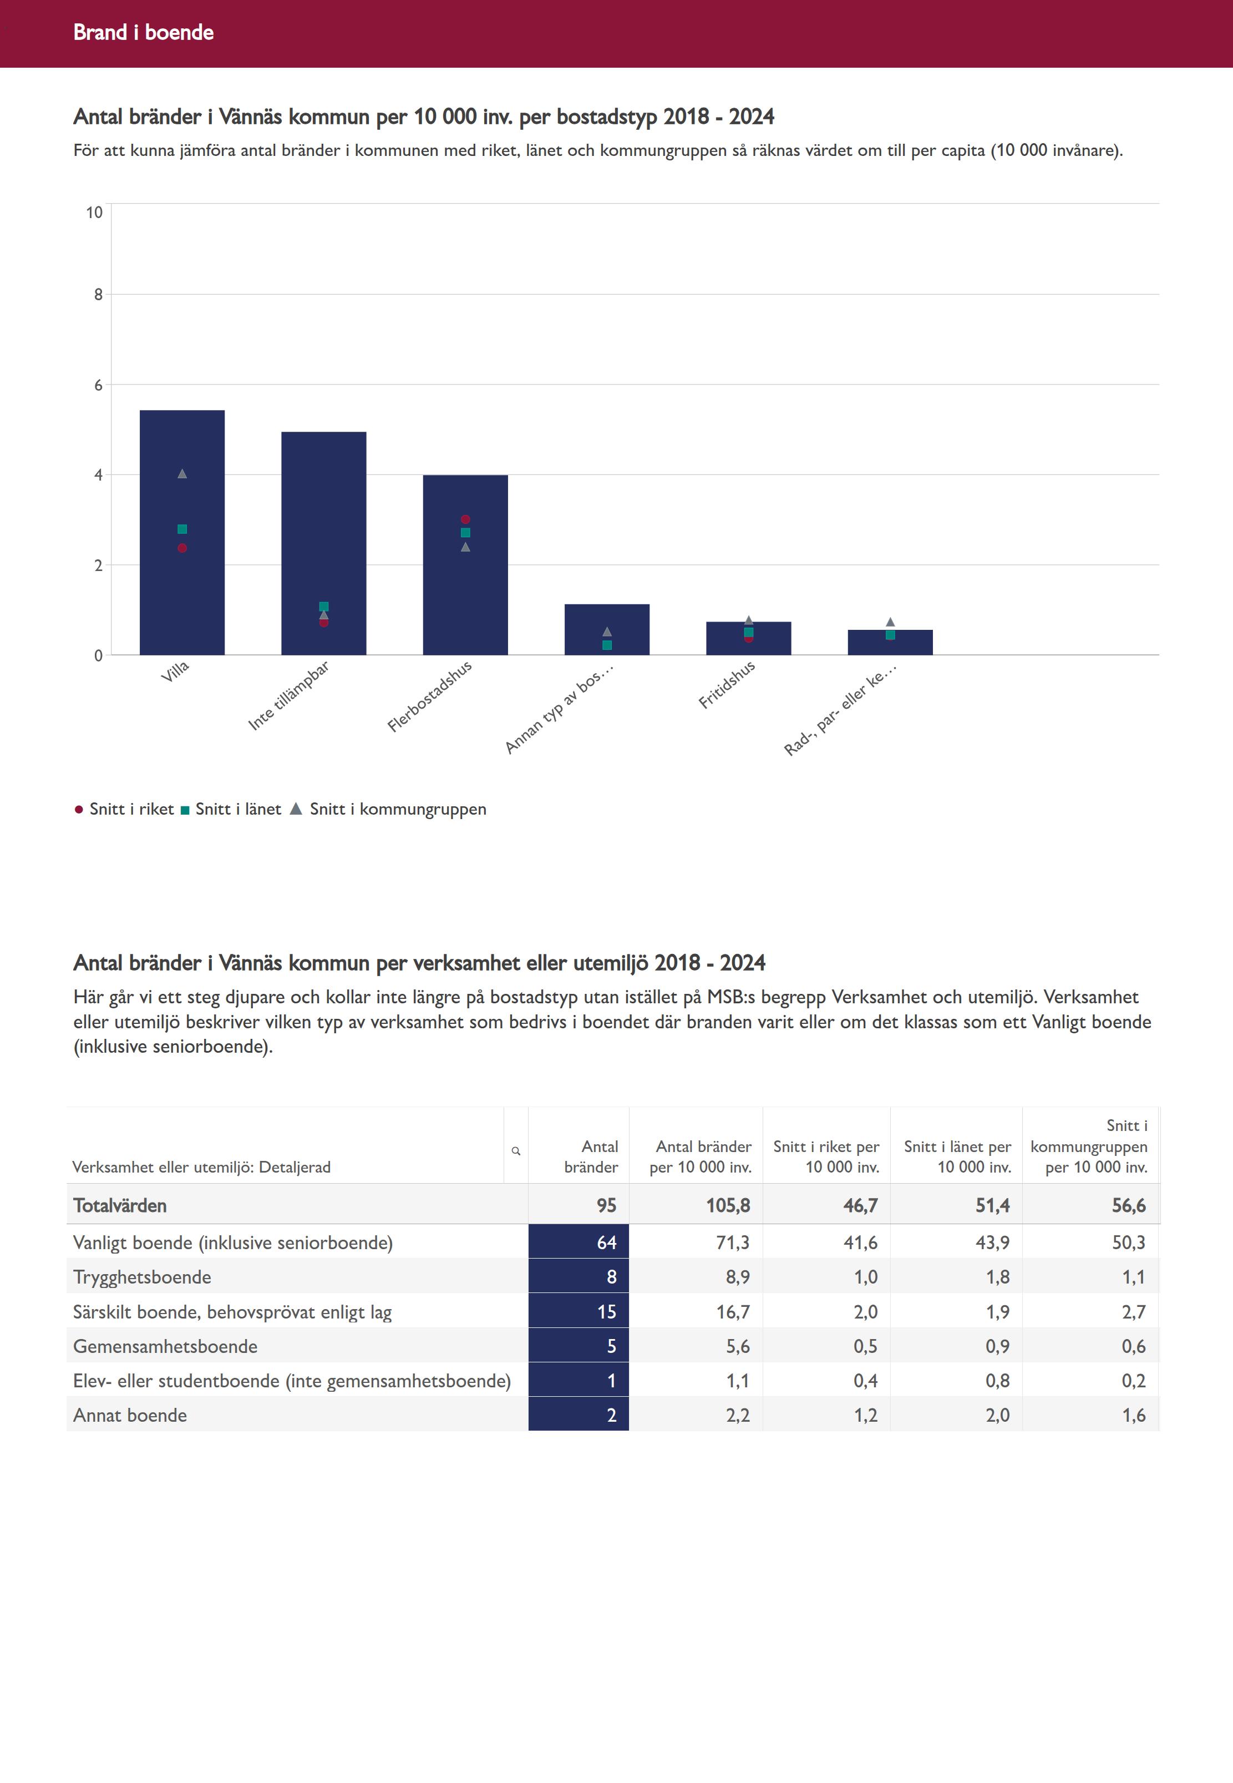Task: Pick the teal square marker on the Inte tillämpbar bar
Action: (x=324, y=607)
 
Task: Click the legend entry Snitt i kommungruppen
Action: (x=397, y=809)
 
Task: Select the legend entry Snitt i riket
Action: (x=131, y=809)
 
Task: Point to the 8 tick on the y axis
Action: (x=98, y=295)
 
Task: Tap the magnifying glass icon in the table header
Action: (x=516, y=1151)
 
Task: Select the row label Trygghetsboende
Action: (x=142, y=1277)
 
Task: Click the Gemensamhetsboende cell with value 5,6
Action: (x=737, y=1346)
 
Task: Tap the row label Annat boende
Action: (x=130, y=1415)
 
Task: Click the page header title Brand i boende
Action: (x=143, y=32)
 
